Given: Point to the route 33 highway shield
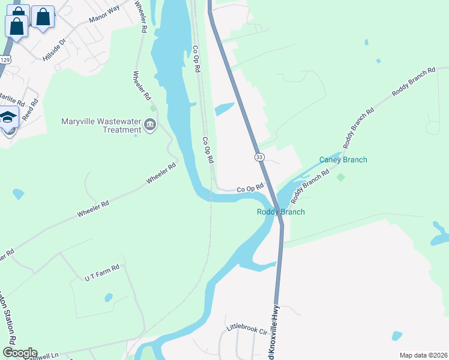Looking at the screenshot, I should click(x=259, y=157).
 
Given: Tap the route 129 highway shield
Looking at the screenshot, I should click(x=5, y=59).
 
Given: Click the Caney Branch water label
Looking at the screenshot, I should click(x=343, y=160).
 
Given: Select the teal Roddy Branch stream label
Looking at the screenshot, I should click(x=280, y=212).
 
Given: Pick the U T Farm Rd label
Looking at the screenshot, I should click(x=102, y=271).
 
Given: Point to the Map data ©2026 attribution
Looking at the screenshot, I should click(x=423, y=355).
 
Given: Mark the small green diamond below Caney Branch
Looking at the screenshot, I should click(x=341, y=177).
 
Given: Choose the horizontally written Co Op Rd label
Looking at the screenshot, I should click(x=250, y=188).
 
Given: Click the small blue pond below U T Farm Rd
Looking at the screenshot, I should click(x=109, y=297).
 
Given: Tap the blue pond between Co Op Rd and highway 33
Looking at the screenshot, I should click(x=224, y=109).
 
